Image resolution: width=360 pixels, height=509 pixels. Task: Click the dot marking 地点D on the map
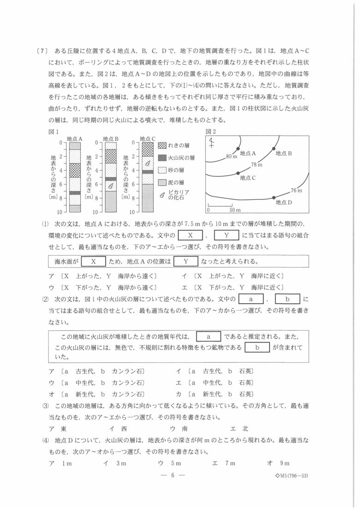[274, 198]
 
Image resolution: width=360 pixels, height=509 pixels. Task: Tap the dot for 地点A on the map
[238, 148]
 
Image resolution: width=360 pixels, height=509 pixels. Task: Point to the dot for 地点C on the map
[238, 173]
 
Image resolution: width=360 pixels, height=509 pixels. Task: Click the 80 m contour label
[232, 156]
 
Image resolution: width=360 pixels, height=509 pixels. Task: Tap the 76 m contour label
[296, 190]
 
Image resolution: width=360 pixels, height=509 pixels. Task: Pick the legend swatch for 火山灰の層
[162, 157]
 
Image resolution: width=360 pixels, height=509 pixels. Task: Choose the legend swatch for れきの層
[162, 145]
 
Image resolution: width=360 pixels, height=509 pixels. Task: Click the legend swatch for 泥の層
[162, 182]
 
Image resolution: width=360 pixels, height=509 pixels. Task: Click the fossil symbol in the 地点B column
[111, 186]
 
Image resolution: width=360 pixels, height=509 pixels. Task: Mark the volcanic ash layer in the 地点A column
[75, 192]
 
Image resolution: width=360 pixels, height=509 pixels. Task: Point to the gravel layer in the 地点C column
[147, 148]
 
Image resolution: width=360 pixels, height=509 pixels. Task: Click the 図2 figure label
[210, 132]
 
